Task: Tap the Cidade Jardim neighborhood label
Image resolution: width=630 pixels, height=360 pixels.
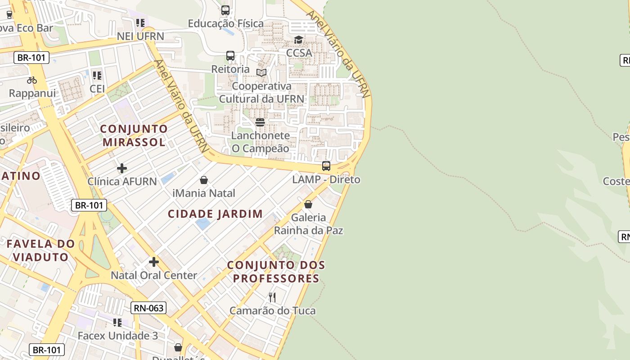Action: [x=215, y=214]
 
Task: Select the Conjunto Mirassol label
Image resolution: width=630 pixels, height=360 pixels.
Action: [x=134, y=135]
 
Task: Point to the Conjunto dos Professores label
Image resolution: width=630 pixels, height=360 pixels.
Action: [x=276, y=272]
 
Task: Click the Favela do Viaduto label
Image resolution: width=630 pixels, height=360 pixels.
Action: [x=40, y=250]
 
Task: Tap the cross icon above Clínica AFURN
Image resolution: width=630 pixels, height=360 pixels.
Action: [x=122, y=168]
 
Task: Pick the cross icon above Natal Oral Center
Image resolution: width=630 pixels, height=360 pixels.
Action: [x=154, y=261]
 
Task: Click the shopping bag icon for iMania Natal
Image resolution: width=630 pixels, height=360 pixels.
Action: [x=204, y=180]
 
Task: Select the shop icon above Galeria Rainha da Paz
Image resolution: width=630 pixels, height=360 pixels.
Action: [x=308, y=204]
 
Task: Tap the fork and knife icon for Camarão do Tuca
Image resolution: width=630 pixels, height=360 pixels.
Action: [x=272, y=297]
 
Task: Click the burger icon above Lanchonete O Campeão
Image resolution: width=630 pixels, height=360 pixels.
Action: [x=260, y=122]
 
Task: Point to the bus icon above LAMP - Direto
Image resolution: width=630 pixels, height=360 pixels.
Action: [x=326, y=166]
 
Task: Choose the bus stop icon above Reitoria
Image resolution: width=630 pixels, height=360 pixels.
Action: [x=230, y=56]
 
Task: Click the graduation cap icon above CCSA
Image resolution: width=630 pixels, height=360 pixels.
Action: [x=299, y=40]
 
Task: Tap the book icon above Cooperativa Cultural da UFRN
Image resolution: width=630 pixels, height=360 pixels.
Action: [x=261, y=72]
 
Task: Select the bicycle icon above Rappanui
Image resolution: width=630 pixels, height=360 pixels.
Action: [x=32, y=80]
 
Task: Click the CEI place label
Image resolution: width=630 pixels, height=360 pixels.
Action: [x=97, y=89]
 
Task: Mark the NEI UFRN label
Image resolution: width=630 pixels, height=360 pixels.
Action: [x=140, y=36]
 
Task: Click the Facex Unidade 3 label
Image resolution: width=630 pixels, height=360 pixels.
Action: [x=117, y=336]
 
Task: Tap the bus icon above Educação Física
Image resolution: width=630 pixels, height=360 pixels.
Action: [x=225, y=10]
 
